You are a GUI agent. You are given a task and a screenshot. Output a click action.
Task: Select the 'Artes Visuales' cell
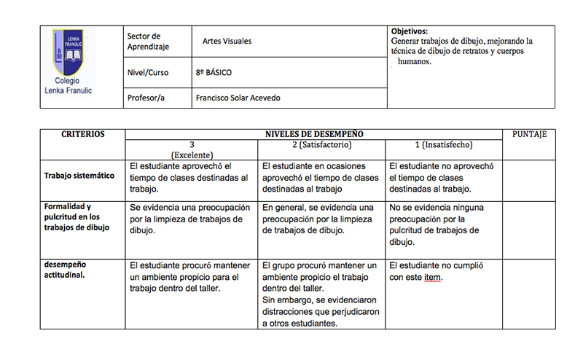[x=227, y=42]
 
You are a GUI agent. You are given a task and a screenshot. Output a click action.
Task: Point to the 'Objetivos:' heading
[x=410, y=31]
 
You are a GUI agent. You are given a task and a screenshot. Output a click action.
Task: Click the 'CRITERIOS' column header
[x=82, y=134]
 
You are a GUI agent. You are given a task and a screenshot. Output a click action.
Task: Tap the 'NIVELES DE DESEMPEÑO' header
[x=313, y=134]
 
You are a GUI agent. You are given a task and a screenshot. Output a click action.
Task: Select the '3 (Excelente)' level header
[x=191, y=149]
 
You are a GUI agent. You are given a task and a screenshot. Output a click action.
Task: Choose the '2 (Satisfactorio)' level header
[x=321, y=145]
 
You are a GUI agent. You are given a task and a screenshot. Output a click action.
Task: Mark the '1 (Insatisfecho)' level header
[x=444, y=145]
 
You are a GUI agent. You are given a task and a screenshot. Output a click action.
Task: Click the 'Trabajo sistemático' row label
[x=79, y=176]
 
